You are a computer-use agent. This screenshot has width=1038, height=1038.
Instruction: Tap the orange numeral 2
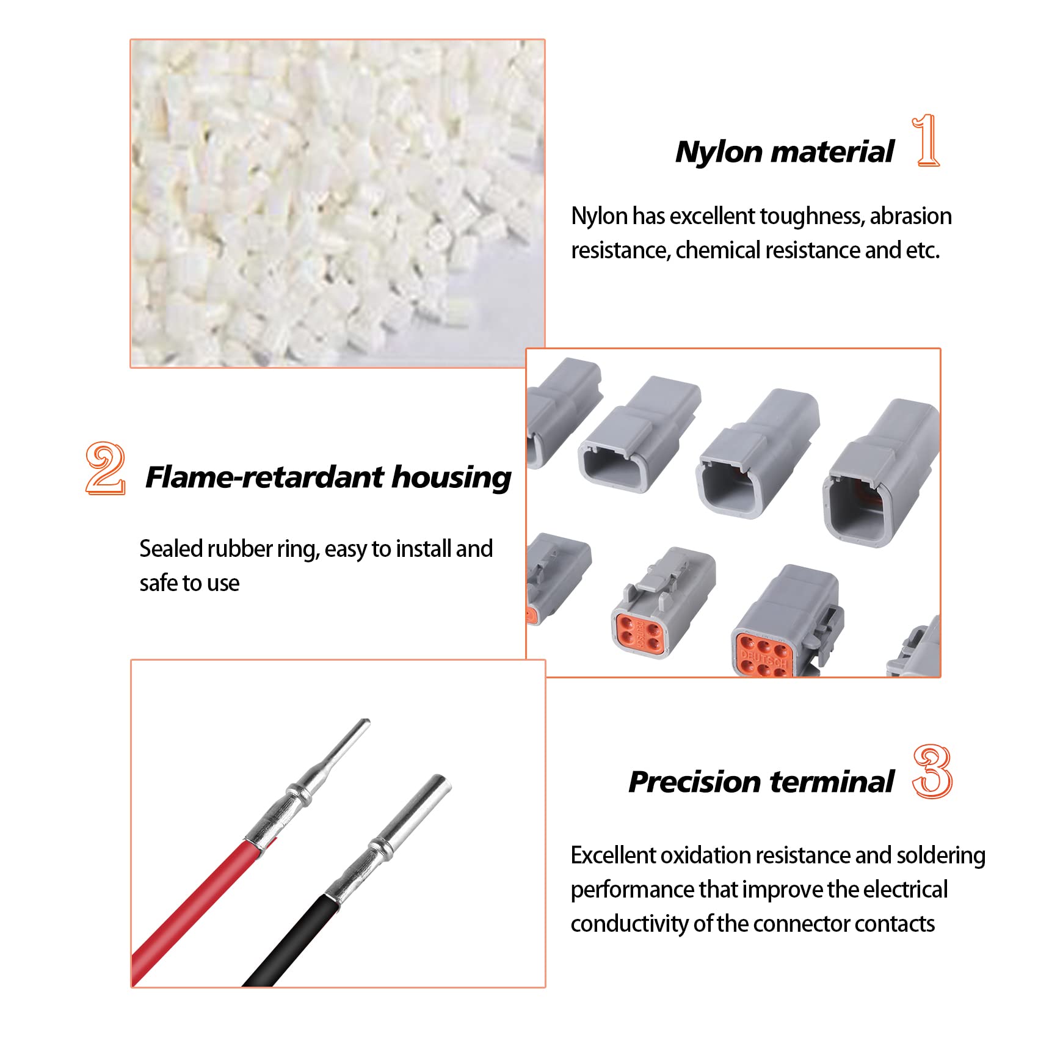point(106,468)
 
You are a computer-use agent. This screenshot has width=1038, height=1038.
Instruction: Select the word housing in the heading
point(451,478)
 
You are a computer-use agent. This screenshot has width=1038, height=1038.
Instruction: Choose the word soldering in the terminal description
point(941,855)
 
